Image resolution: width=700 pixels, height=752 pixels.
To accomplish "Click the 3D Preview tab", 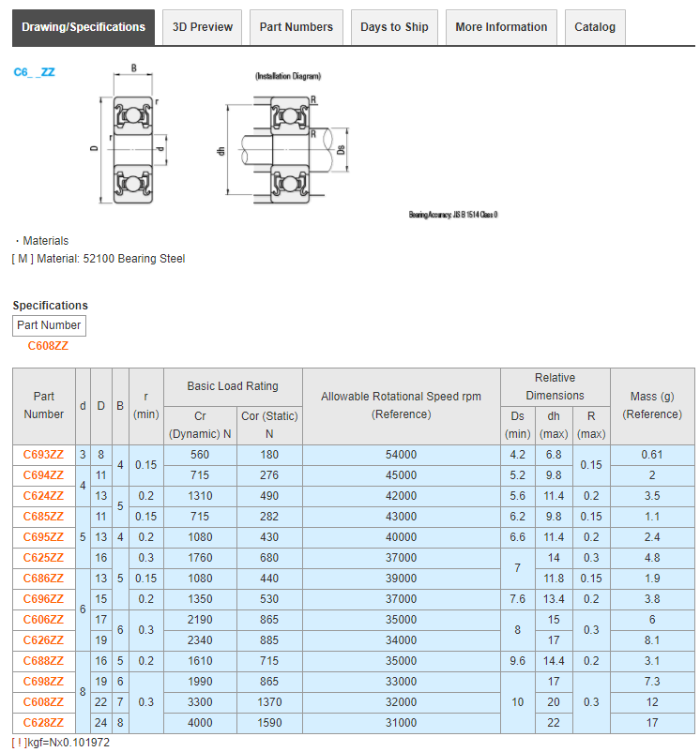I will pyautogui.click(x=203, y=27).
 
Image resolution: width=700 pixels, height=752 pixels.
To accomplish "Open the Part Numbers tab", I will pyautogui.click(x=296, y=27).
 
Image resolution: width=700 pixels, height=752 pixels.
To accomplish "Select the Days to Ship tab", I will pyautogui.click(x=394, y=27).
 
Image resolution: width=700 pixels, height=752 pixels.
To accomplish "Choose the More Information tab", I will pyautogui.click(x=501, y=27).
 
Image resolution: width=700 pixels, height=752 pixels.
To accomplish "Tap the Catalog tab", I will pyautogui.click(x=595, y=27).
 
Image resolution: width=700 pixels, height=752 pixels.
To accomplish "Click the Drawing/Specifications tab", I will pyautogui.click(x=84, y=27).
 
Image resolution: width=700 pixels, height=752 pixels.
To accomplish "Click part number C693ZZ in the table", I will pyautogui.click(x=43, y=455).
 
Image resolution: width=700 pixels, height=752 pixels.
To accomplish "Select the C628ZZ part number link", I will pyautogui.click(x=43, y=723).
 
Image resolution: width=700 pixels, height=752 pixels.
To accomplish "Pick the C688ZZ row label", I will pyautogui.click(x=43, y=661).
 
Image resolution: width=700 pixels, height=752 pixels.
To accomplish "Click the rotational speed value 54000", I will pyautogui.click(x=401, y=455).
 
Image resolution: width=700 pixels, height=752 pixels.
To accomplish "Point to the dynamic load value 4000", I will pyautogui.click(x=200, y=723).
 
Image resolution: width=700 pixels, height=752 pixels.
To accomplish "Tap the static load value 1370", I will pyautogui.click(x=269, y=702).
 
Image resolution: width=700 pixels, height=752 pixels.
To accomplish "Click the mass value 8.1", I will pyautogui.click(x=652, y=640).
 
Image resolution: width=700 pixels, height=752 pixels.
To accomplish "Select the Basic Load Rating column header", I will pyautogui.click(x=233, y=386).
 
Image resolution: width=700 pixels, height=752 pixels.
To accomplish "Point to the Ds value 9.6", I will pyautogui.click(x=517, y=661).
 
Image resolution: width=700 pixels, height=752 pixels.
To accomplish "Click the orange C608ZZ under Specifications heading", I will pyautogui.click(x=48, y=346).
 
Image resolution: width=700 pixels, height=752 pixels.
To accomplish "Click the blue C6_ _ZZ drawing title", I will pyautogui.click(x=34, y=72).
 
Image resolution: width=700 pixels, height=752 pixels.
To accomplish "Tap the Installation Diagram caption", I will pyautogui.click(x=288, y=76).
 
